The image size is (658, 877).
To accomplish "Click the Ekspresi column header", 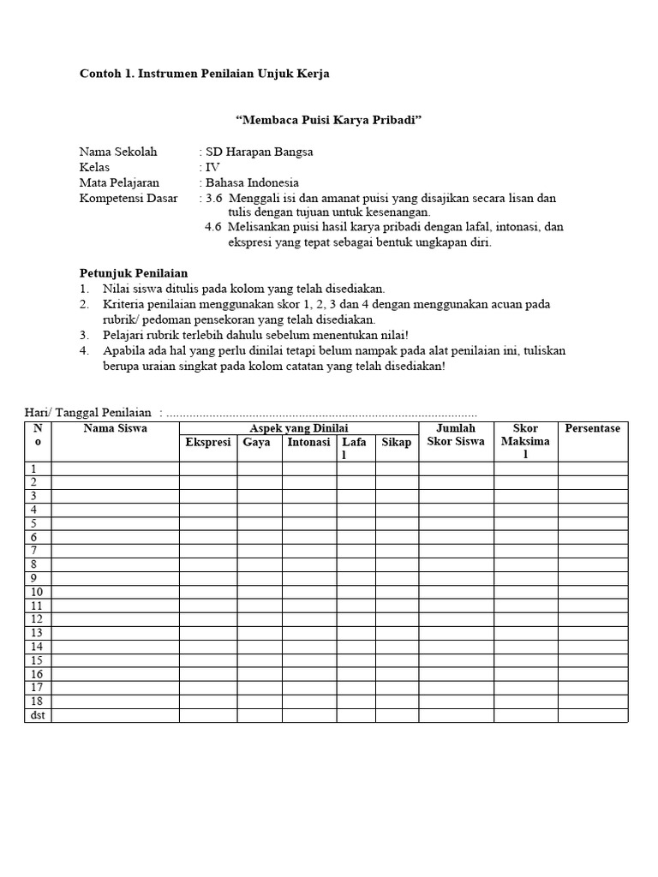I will click(208, 442).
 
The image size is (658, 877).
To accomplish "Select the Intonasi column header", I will click(308, 442).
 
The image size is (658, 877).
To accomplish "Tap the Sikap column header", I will click(397, 442).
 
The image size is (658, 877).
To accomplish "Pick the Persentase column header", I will click(592, 428).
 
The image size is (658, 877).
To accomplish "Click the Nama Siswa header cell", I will click(115, 428).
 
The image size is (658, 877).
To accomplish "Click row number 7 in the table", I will click(34, 551).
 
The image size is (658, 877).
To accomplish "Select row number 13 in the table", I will click(37, 633).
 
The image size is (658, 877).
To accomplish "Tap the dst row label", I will click(37, 715).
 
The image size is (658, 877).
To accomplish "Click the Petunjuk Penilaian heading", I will click(133, 273).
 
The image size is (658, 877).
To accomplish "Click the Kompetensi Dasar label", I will click(129, 198).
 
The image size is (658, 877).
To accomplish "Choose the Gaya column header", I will click(256, 442).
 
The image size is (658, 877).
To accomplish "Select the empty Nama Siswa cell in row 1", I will click(115, 468).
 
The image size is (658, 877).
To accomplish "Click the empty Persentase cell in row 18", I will click(592, 701).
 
